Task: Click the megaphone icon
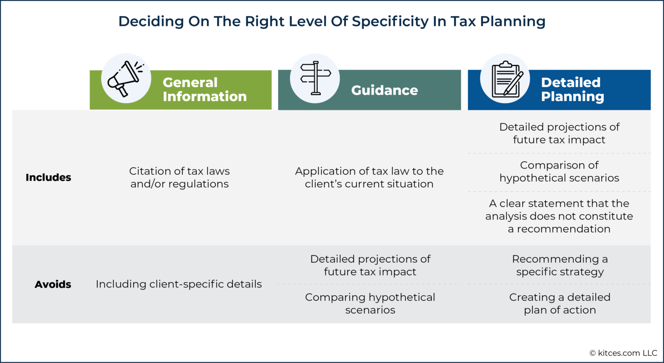(x=126, y=79)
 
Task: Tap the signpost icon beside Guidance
(x=315, y=79)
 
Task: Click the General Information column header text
(x=204, y=89)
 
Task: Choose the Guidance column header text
(x=384, y=90)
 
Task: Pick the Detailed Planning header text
(x=572, y=89)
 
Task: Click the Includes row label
(x=48, y=177)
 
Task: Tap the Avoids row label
(x=53, y=284)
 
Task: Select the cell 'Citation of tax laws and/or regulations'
(x=179, y=177)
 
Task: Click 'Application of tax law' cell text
(x=369, y=177)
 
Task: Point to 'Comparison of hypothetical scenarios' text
(x=559, y=172)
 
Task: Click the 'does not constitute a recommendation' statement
(x=559, y=216)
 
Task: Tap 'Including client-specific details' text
(x=179, y=284)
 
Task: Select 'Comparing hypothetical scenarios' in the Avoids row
(x=370, y=303)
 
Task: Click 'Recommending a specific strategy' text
(x=560, y=265)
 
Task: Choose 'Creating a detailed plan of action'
(x=560, y=303)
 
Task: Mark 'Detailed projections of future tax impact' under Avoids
(x=370, y=265)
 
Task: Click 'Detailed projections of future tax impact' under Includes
(x=559, y=133)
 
